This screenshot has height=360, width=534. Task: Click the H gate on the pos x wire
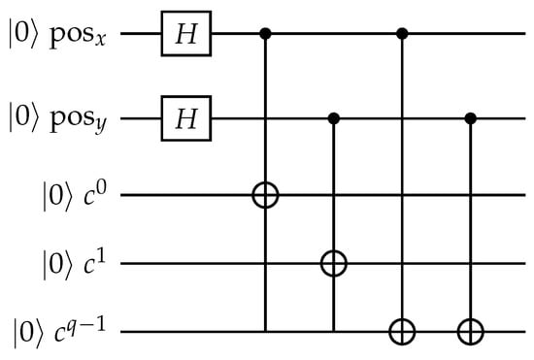click(186, 33)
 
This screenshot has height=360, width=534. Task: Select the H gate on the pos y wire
click(186, 118)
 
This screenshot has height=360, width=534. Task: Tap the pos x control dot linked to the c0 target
click(265, 34)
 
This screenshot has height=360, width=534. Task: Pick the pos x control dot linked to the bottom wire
click(402, 34)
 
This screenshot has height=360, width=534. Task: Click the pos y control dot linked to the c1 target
click(334, 118)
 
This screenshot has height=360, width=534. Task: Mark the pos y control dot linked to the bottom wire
click(471, 118)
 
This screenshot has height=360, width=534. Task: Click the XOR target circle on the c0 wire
click(265, 195)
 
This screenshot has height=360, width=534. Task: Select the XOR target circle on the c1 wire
click(334, 263)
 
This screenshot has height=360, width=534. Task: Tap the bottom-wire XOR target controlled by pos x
click(402, 331)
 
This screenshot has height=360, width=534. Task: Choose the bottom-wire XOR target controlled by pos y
click(471, 331)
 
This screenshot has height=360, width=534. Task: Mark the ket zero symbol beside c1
click(57, 264)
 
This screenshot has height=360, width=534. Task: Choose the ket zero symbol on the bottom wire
click(28, 332)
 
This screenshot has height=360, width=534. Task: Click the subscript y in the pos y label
click(100, 126)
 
